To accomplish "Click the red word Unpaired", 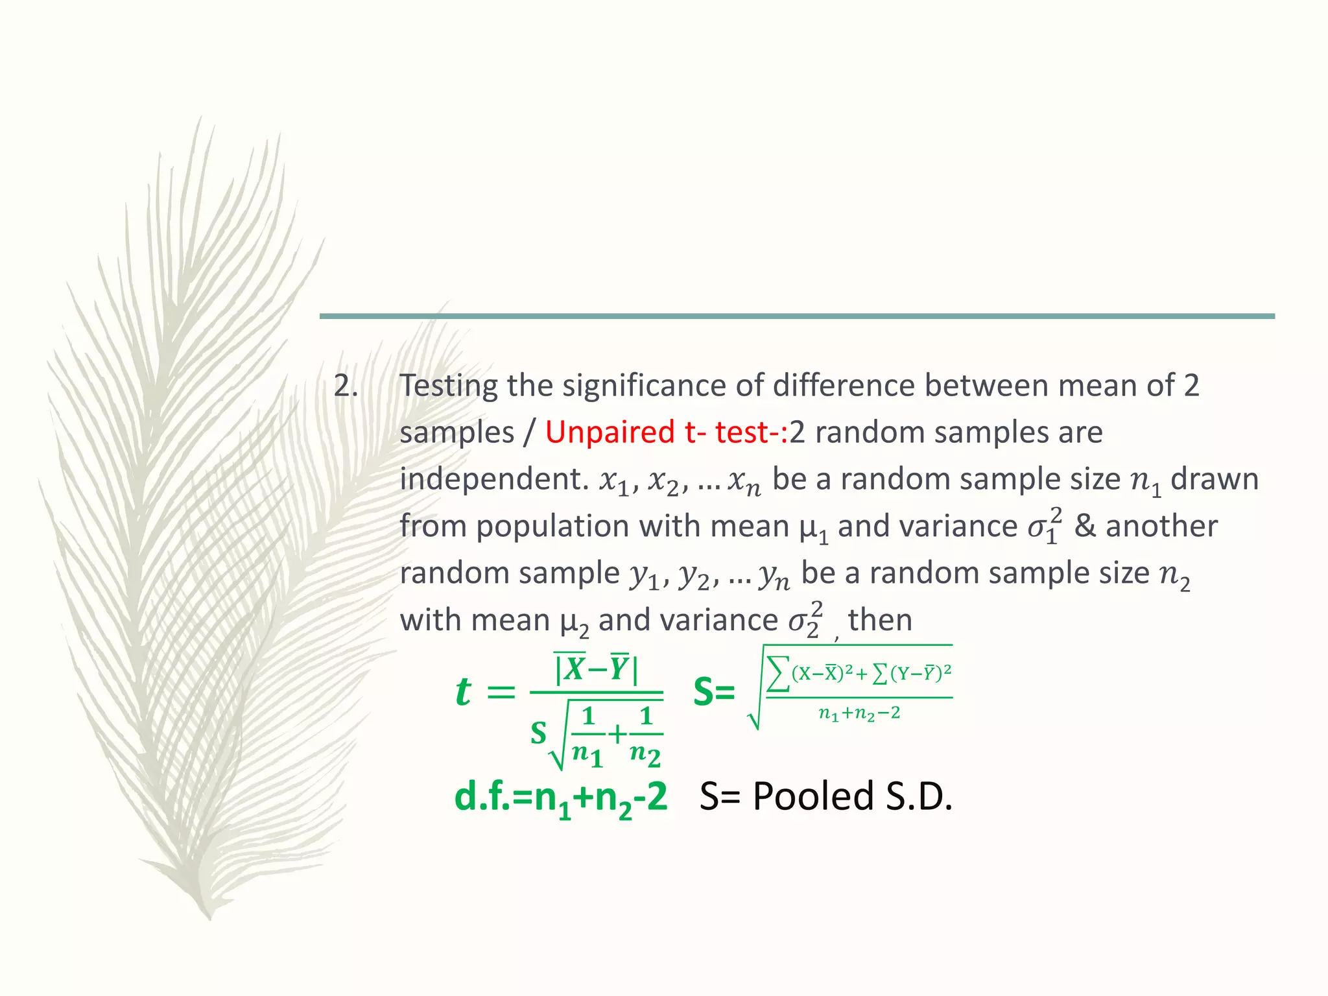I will (610, 433).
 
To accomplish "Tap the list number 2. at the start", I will (346, 386).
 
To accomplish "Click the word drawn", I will (1214, 479).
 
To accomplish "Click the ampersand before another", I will (1084, 526).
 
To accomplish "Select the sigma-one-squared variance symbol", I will (1045, 526).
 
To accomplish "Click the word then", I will (880, 620).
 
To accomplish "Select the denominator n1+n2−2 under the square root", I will (859, 714).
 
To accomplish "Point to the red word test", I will (746, 433).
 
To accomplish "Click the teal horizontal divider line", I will (797, 316).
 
